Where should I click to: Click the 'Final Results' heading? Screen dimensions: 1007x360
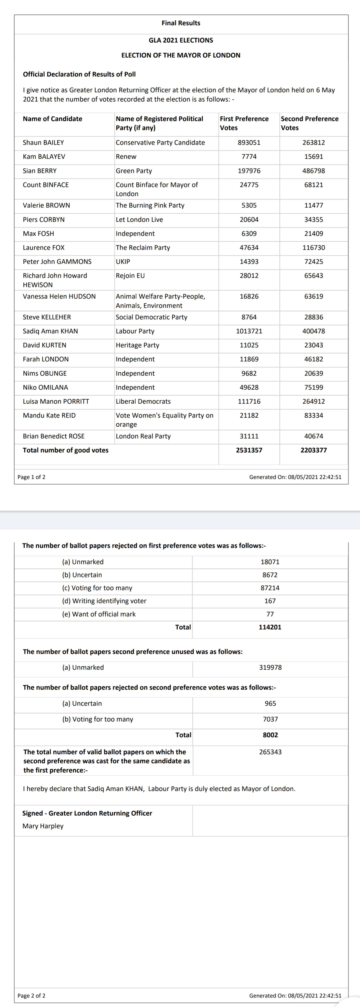(180, 23)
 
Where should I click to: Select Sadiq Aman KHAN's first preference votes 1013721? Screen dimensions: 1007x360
(249, 331)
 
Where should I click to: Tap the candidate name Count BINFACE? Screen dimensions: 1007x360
(46, 185)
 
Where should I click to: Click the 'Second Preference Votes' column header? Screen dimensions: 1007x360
(309, 123)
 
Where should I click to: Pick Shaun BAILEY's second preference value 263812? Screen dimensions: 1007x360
(313, 143)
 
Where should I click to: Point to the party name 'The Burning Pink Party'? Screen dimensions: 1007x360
(150, 205)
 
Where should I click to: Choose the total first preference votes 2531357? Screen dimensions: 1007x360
(249, 450)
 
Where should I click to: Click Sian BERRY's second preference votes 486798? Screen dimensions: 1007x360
(313, 171)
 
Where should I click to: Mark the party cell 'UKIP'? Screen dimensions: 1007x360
(123, 261)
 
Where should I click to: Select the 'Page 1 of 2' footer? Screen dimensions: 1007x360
(31, 477)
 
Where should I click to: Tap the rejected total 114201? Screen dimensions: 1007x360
(270, 627)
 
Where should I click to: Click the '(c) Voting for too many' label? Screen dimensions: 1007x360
(97, 588)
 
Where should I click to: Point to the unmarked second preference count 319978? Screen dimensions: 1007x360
(270, 667)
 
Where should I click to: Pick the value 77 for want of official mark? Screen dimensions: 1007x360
(270, 614)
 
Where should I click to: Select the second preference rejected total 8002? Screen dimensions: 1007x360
(270, 735)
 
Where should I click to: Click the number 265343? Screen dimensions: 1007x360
(270, 752)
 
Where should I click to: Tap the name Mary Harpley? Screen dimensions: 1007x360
(43, 826)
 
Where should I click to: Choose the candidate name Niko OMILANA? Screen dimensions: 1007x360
(45, 387)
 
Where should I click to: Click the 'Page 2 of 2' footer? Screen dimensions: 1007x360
(31, 996)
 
